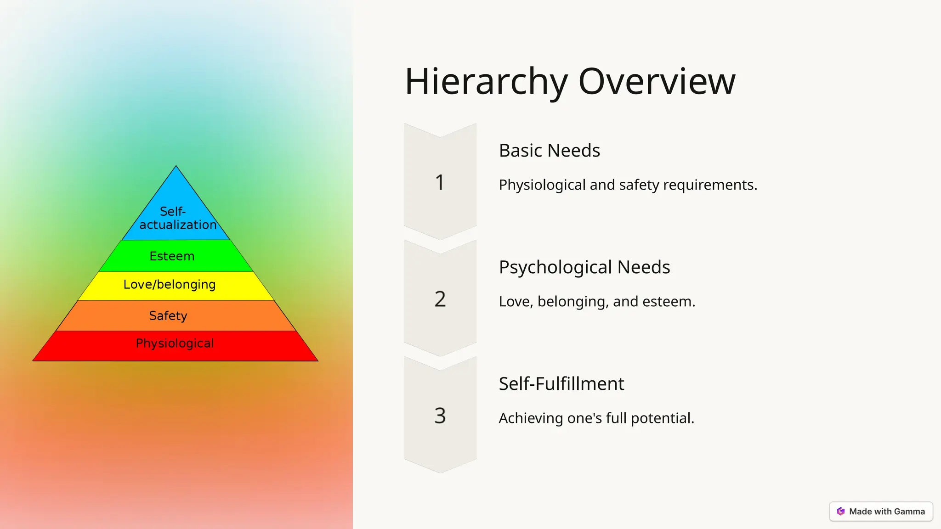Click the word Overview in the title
(x=657, y=81)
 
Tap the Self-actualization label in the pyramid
(x=177, y=218)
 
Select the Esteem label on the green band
(x=172, y=256)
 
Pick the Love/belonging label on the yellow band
(x=170, y=285)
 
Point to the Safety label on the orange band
(x=168, y=316)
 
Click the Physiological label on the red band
(x=175, y=343)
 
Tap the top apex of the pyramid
(x=176, y=167)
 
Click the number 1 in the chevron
(x=440, y=182)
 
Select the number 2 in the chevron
(x=440, y=299)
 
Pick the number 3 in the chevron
(x=440, y=416)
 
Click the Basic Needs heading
(x=549, y=151)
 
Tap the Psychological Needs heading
(x=584, y=267)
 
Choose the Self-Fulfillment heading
(x=561, y=384)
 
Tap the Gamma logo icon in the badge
(x=841, y=512)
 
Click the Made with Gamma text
(x=887, y=512)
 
